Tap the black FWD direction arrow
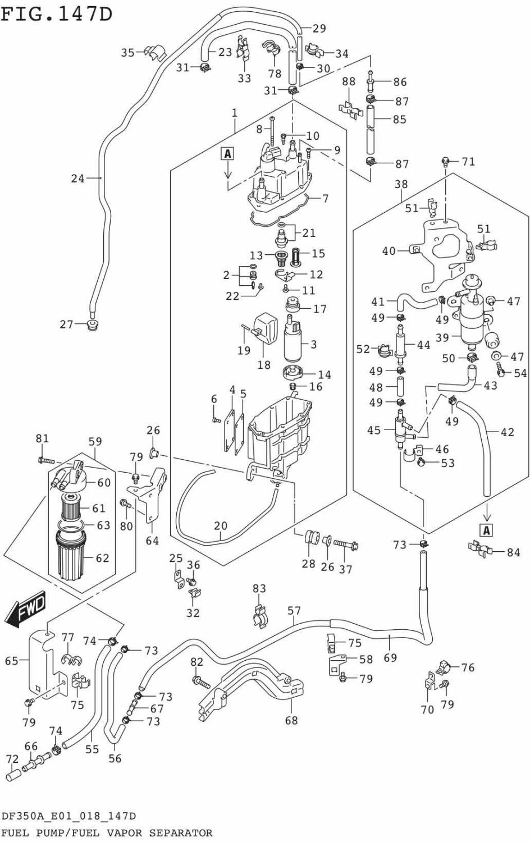click(x=25, y=610)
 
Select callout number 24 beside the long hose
click(x=77, y=179)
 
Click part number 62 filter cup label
click(x=102, y=558)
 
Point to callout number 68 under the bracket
click(x=291, y=720)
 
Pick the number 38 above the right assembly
click(x=401, y=184)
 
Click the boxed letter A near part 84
click(x=487, y=530)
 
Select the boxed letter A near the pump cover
click(x=227, y=154)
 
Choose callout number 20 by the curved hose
click(x=221, y=526)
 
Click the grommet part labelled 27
click(x=92, y=325)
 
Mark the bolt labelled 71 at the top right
click(x=445, y=162)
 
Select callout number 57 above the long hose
click(x=294, y=611)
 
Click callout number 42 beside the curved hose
click(x=507, y=432)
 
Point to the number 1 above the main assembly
click(x=234, y=112)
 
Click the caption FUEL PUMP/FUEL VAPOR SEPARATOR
click(x=107, y=833)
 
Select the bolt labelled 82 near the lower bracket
click(x=200, y=683)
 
